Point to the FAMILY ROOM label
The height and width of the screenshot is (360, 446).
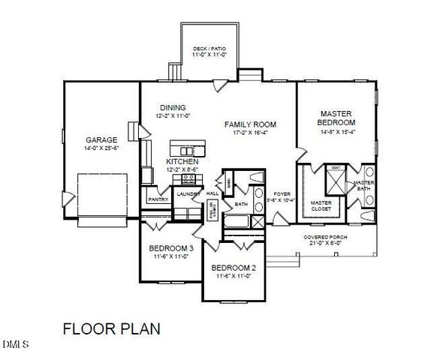pyautogui.click(x=251, y=124)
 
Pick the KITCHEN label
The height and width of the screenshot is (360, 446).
pyautogui.click(x=182, y=161)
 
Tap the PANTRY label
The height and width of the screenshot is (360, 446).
pyautogui.click(x=158, y=199)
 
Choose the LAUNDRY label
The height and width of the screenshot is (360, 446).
pyautogui.click(x=187, y=194)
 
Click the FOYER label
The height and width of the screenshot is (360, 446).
pyautogui.click(x=282, y=193)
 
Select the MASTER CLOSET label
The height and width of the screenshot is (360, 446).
pyautogui.click(x=321, y=204)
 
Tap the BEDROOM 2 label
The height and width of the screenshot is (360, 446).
pyautogui.click(x=234, y=268)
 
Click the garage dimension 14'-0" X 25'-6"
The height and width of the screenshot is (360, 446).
pyautogui.click(x=101, y=148)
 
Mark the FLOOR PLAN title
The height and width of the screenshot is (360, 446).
pyautogui.click(x=110, y=328)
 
